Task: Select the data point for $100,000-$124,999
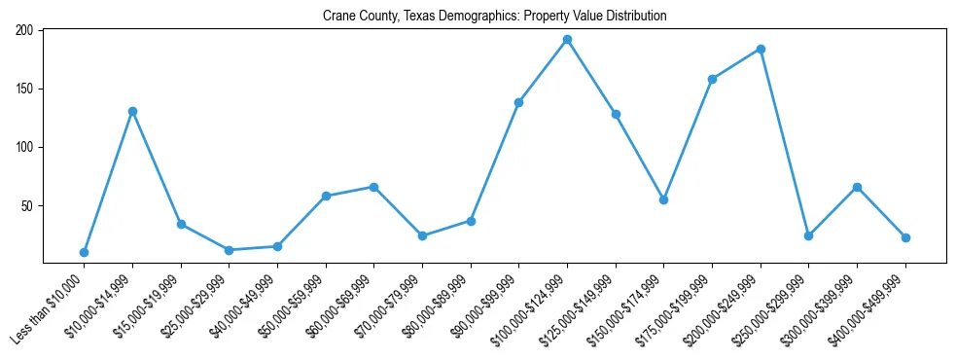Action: (x=567, y=40)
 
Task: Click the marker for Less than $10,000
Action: (x=84, y=252)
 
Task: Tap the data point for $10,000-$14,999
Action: (x=132, y=111)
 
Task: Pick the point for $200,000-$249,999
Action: (x=761, y=49)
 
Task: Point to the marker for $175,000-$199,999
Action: (x=712, y=79)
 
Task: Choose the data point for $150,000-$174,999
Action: (x=663, y=199)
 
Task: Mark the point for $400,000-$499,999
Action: (x=905, y=237)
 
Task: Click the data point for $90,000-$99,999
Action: (x=518, y=102)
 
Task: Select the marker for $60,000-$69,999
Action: (x=373, y=187)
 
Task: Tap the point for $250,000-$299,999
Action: (x=808, y=235)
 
